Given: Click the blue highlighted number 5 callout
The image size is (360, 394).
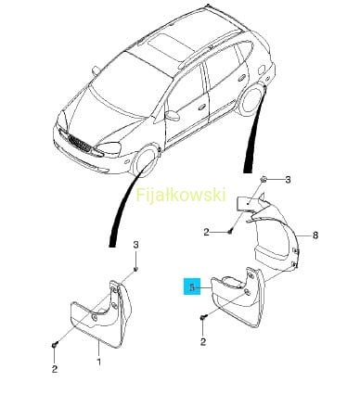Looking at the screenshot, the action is (x=192, y=286).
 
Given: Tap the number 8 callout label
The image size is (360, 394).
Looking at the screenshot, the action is (x=315, y=235).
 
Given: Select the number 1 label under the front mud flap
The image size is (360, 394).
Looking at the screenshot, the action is (x=99, y=362).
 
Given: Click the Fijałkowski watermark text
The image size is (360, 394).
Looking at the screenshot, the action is (x=181, y=195).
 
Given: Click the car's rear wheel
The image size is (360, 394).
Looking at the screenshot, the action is (x=253, y=99).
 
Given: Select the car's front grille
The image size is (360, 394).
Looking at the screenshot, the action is (x=80, y=145).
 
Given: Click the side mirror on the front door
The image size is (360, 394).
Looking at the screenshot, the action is (x=173, y=115).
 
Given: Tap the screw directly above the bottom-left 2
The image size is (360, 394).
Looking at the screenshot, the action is (x=55, y=345).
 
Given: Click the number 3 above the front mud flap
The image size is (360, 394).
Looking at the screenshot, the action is (x=135, y=245).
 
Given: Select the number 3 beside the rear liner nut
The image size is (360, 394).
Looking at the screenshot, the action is (x=288, y=180).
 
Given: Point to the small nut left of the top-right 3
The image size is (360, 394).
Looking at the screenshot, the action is (x=264, y=179).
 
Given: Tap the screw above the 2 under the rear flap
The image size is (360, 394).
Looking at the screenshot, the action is (x=203, y=317).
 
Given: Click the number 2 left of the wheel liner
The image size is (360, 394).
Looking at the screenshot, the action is (x=207, y=232).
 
